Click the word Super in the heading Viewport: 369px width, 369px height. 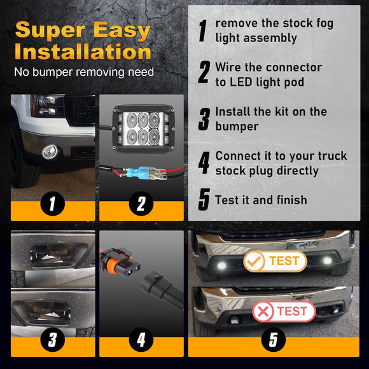(51, 30)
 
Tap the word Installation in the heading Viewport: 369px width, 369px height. (83, 52)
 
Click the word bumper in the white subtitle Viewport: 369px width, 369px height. (52, 72)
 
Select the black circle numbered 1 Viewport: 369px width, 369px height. (52, 204)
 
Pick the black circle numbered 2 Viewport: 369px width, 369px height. (141, 204)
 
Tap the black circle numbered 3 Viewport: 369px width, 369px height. (52, 340)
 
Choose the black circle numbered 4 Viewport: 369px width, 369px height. (141, 340)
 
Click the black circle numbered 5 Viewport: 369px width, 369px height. (274, 340)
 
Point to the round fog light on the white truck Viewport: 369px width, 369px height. (50, 152)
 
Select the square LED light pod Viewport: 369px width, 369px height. (143, 129)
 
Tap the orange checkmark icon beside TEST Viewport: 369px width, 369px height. (254, 261)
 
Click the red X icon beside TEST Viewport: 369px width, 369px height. (263, 312)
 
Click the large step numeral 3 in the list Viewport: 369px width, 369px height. (204, 120)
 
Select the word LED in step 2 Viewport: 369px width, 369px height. (240, 82)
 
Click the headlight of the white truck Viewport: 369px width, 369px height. (47, 106)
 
